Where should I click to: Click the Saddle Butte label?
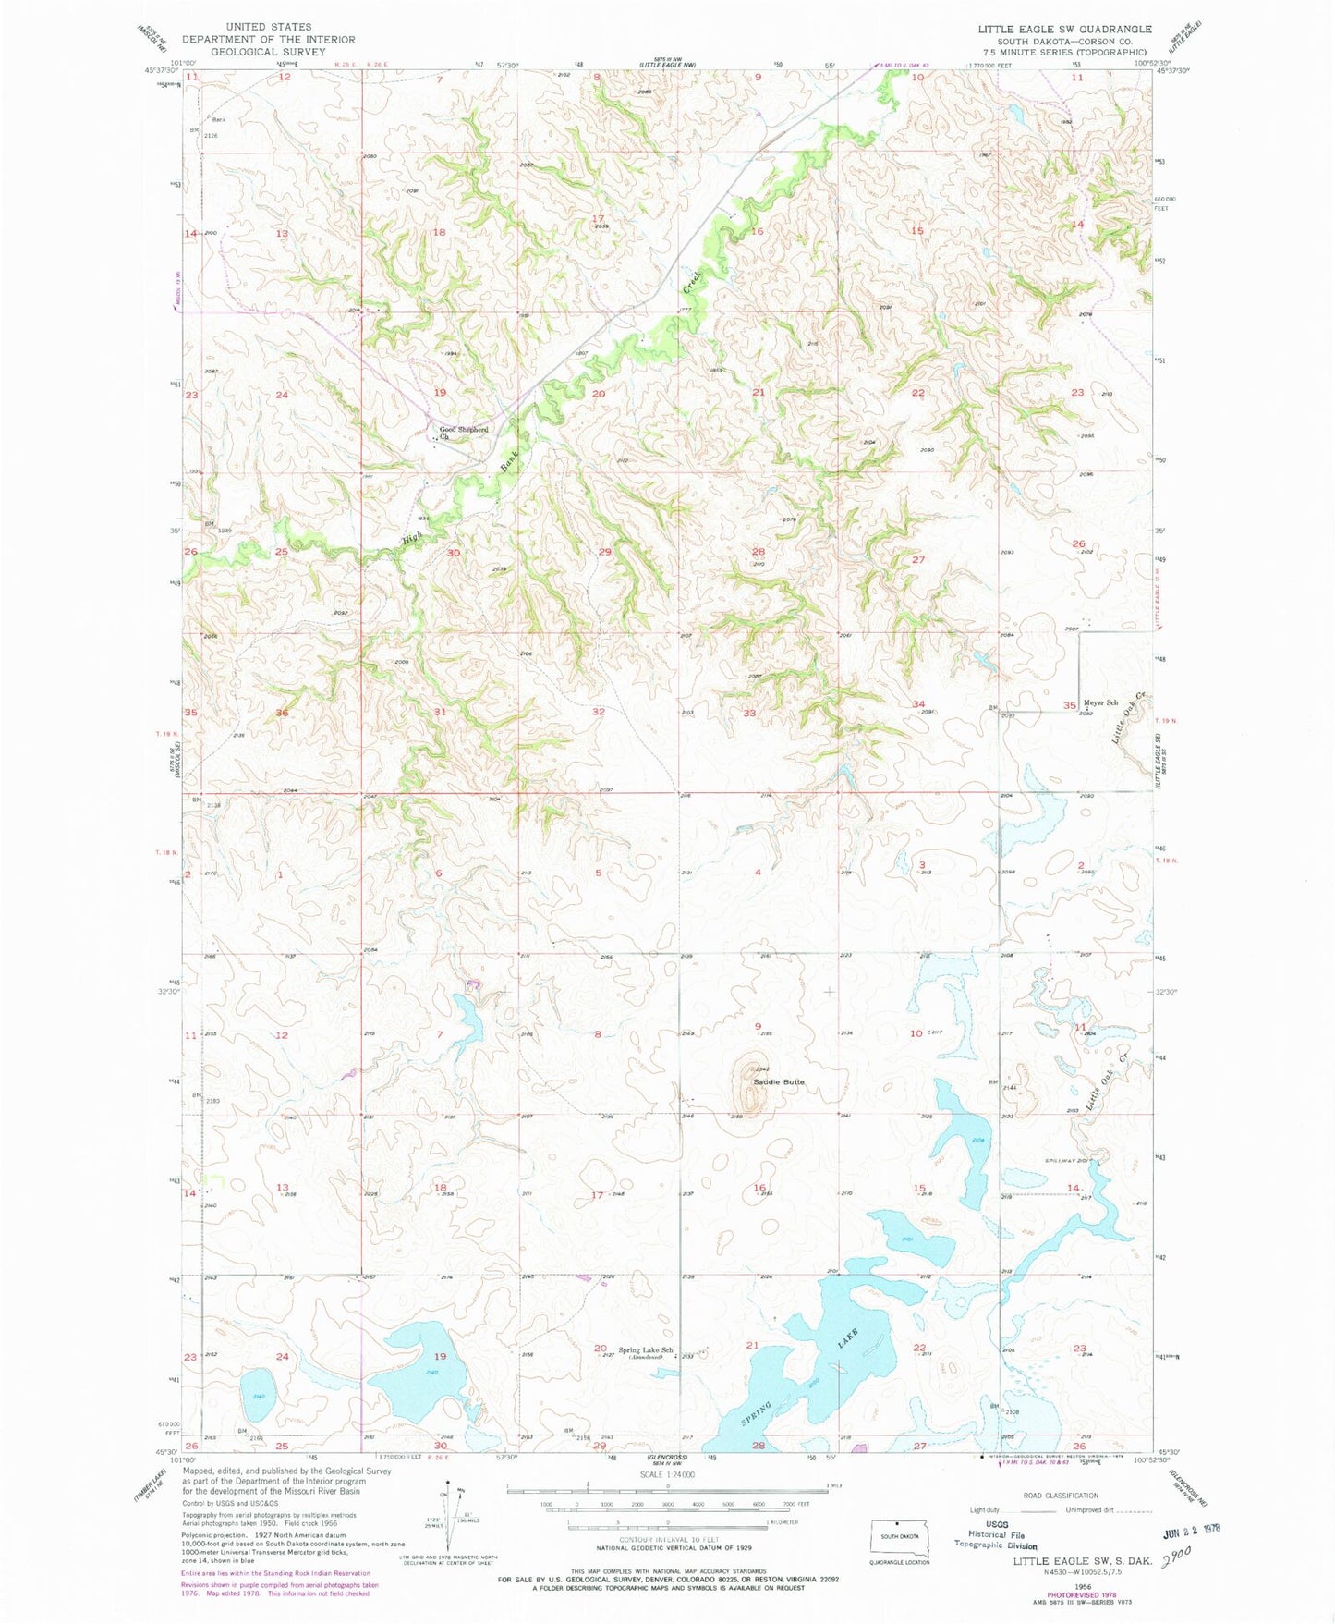tap(778, 1081)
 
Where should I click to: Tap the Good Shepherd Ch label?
tap(463, 432)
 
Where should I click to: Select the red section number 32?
tap(599, 712)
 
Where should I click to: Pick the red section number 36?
tap(283, 713)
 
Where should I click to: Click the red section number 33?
tap(749, 713)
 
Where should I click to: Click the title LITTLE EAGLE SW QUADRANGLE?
tap(1064, 29)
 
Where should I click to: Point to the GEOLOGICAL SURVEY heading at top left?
tap(268, 52)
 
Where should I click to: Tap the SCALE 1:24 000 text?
tap(666, 1474)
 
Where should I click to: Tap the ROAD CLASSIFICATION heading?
tap(1060, 1495)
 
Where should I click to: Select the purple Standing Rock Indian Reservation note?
tap(275, 1573)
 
